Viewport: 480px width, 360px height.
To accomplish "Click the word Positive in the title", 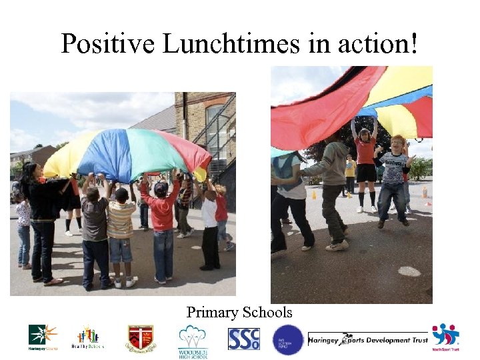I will [108, 44].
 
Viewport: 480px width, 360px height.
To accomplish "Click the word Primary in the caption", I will [209, 312].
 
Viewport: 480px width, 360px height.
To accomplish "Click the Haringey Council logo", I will [43, 337].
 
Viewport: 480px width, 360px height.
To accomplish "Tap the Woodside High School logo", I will [192, 341].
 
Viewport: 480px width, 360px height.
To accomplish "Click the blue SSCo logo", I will [243, 339].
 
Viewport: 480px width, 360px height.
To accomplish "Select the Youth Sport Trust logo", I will [445, 337].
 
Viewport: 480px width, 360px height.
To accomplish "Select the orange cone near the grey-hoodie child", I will [313, 195].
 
